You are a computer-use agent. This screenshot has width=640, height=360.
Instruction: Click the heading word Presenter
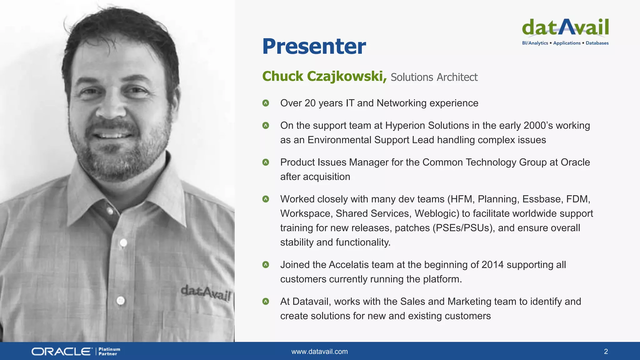point(314,46)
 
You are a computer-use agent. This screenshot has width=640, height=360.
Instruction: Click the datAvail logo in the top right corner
point(565,31)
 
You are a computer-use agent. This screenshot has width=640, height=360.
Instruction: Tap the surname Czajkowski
point(345,76)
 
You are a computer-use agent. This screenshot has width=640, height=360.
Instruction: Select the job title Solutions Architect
point(434,77)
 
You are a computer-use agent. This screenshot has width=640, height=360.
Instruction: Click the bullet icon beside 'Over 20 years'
point(266,103)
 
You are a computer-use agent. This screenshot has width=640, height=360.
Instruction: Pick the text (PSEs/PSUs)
point(463,228)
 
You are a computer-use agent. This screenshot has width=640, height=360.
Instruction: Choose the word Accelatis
point(349,265)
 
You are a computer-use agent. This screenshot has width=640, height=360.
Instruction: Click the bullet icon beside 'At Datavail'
point(266,302)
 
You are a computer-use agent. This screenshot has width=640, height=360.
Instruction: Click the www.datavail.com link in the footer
point(319,352)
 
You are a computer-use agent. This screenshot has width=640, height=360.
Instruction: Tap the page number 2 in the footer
point(606,352)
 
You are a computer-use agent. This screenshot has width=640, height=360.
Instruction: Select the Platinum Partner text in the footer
point(109,352)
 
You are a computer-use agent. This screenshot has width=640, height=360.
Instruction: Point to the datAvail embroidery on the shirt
point(206,293)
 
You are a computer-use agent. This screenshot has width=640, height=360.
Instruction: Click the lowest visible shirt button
point(121,301)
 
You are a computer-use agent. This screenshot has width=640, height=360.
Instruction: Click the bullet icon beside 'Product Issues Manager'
point(266,162)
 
